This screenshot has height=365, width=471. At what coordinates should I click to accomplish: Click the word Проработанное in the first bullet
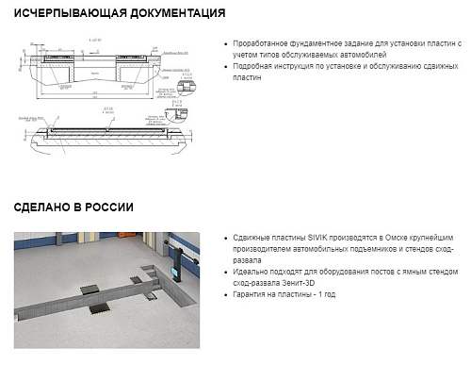coord(259,43)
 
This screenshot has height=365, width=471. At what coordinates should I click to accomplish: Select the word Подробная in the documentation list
coord(252,67)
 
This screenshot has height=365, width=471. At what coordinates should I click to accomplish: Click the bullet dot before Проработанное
coord(226,44)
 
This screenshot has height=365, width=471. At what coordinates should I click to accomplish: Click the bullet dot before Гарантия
coord(226,295)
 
